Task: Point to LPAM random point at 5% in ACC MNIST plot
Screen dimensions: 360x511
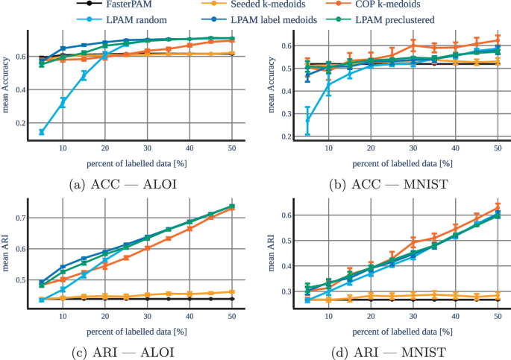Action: pos(307,119)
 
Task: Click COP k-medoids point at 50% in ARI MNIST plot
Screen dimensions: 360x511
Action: pos(498,208)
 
